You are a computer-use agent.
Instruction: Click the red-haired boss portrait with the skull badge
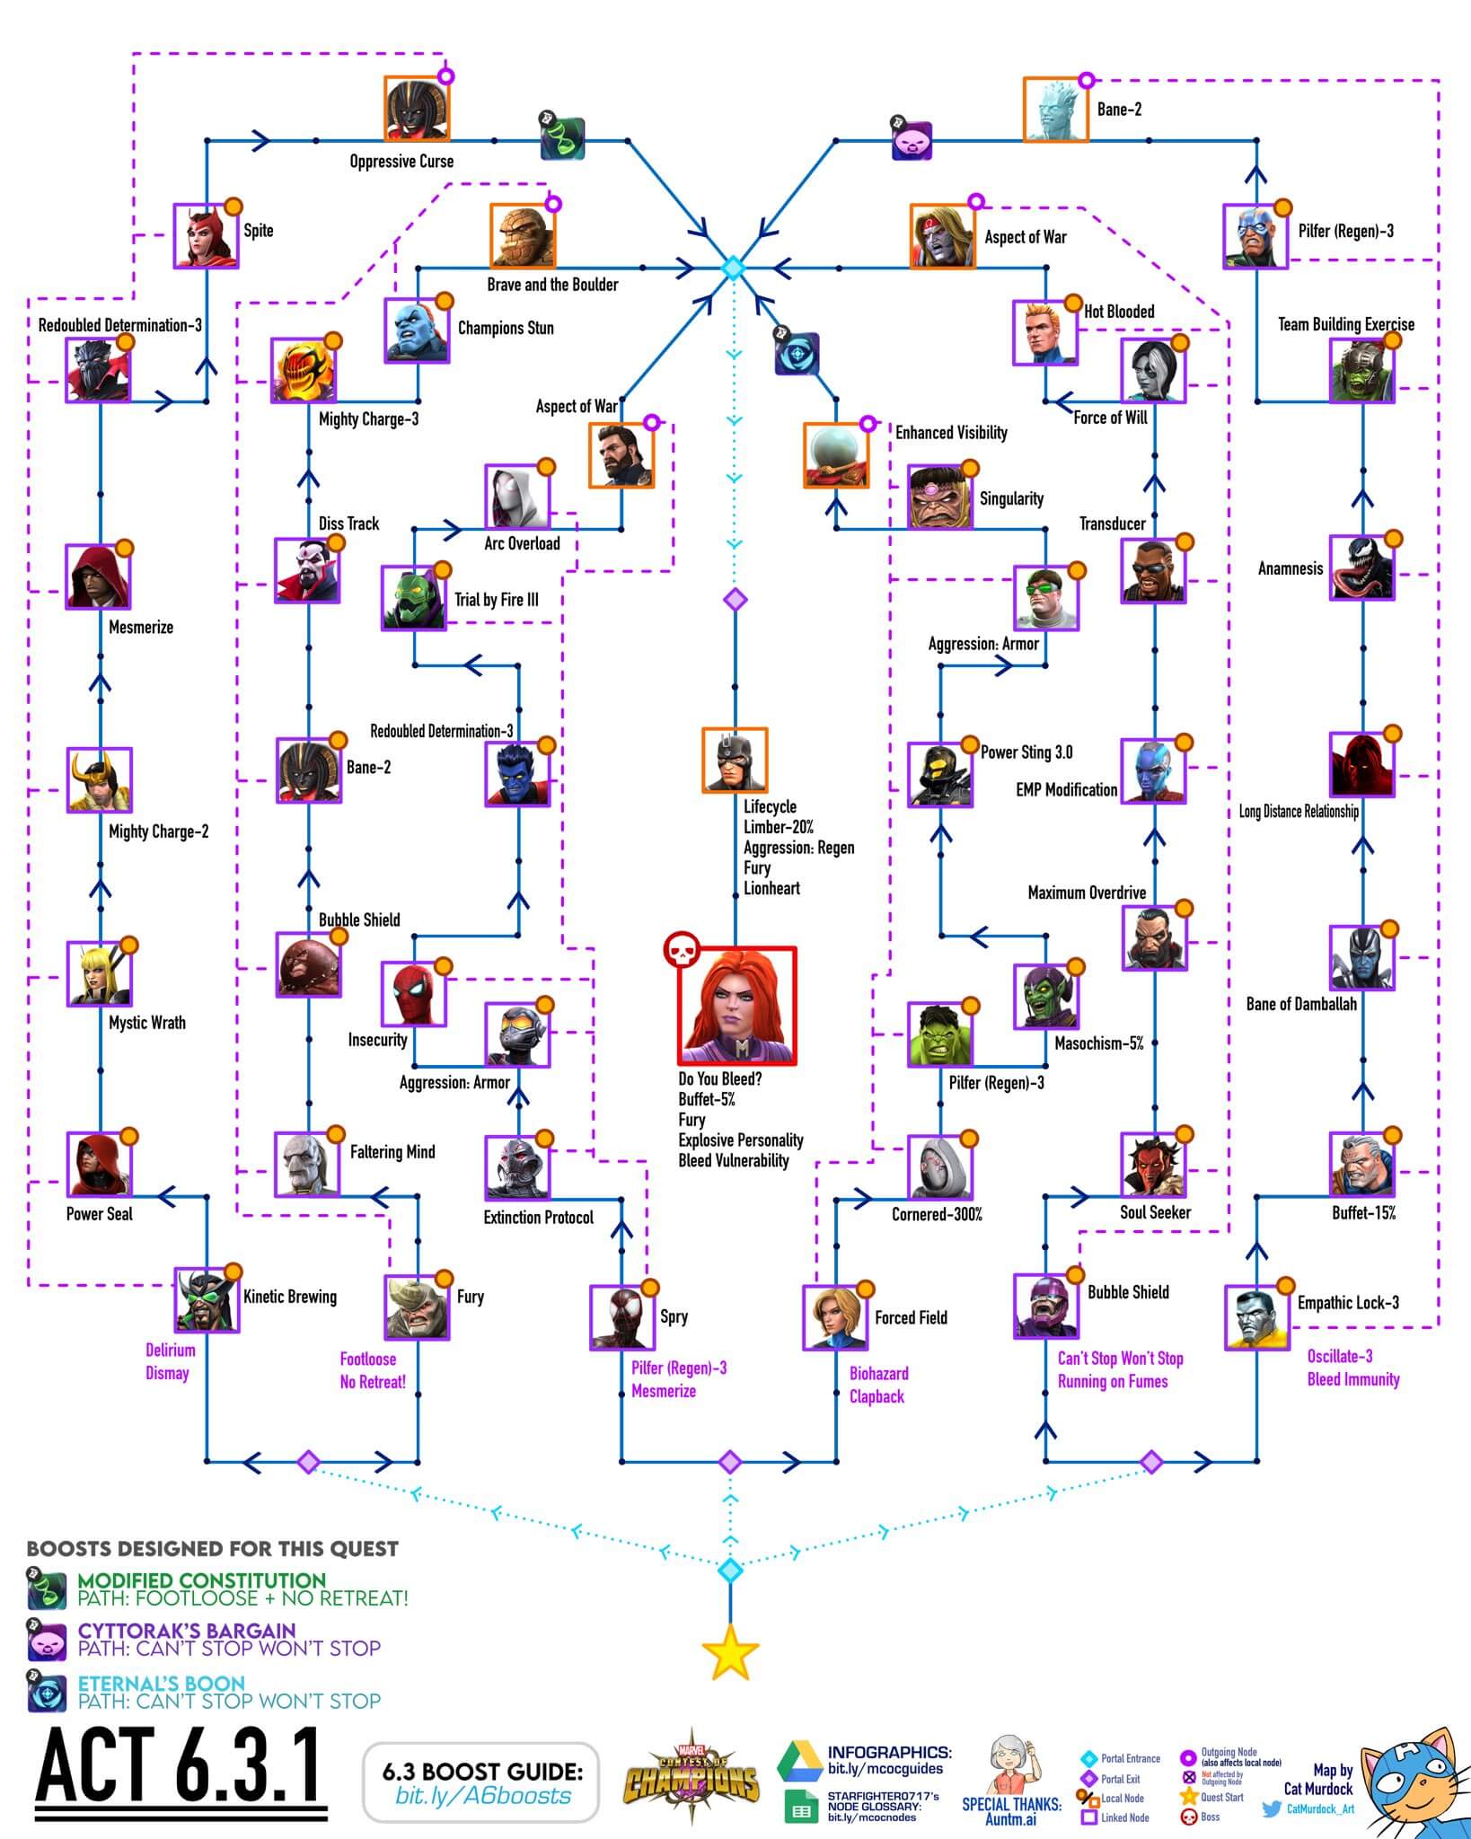[736, 1005]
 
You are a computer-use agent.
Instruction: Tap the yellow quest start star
[730, 1652]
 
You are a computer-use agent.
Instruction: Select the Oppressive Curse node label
[401, 162]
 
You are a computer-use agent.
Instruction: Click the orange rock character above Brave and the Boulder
[522, 235]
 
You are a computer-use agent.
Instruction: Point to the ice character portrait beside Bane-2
[1055, 110]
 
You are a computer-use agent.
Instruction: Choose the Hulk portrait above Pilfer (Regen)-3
[939, 1035]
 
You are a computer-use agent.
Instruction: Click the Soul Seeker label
[1155, 1212]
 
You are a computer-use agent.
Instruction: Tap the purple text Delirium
[170, 1351]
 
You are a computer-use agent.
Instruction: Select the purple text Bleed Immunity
[1352, 1379]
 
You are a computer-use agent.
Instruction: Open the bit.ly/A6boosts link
[483, 1796]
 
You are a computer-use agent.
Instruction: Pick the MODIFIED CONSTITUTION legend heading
[201, 1580]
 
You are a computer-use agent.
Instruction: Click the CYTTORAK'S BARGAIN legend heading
[186, 1631]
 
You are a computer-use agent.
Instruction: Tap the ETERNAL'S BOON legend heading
[161, 1683]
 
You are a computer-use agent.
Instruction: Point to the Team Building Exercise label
[1345, 324]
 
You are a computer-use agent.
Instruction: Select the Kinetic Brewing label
[289, 1297]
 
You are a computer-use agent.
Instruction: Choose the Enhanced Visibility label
[951, 433]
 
